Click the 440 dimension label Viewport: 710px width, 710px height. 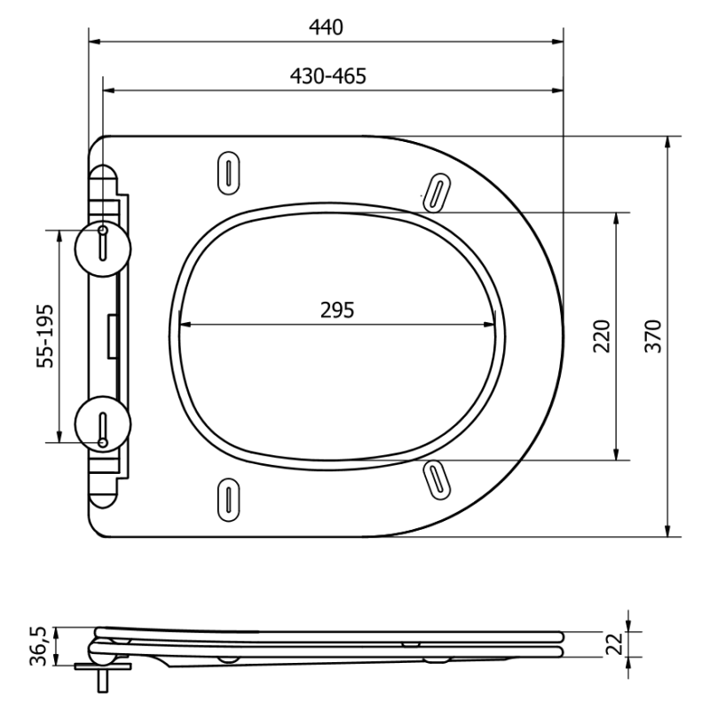326,28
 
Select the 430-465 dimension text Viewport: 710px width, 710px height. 327,76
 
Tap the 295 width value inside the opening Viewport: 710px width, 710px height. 337,310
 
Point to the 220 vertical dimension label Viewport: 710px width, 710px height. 603,336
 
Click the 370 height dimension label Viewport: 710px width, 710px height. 653,336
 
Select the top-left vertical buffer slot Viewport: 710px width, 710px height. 228,171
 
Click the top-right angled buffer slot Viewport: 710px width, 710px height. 436,191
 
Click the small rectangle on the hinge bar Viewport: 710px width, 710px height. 113,335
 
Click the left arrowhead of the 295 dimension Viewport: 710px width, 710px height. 183,322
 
